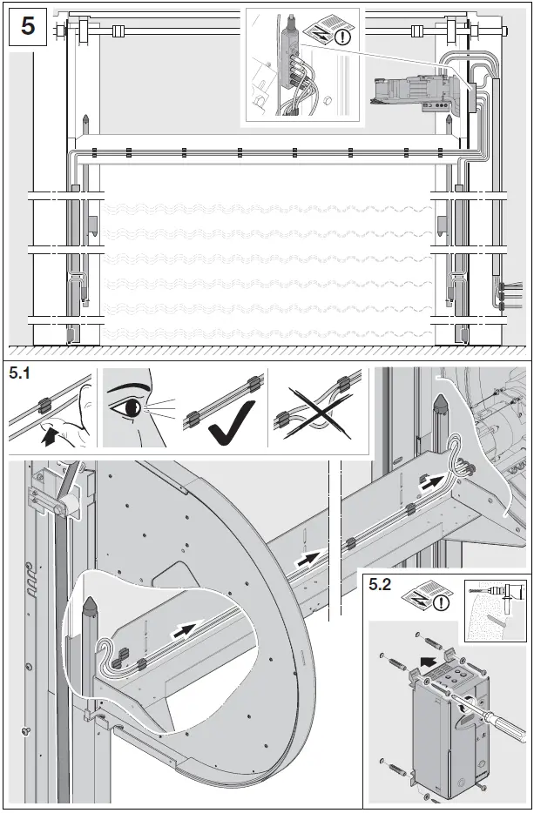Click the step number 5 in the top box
pos(28,25)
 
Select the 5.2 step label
pos(380,585)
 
